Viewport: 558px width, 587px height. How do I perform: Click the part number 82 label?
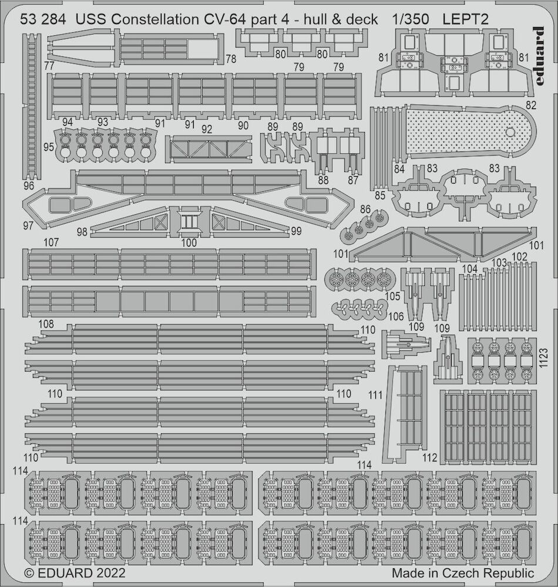pyautogui.click(x=530, y=105)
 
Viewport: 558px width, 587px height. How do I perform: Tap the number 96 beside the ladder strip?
pyautogui.click(x=28, y=185)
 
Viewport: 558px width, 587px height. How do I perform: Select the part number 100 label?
pyautogui.click(x=189, y=242)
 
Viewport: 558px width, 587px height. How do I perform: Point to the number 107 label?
pyautogui.click(x=51, y=242)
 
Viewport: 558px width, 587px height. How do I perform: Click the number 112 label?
pyautogui.click(x=429, y=457)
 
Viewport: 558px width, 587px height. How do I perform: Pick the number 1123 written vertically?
pyautogui.click(x=544, y=358)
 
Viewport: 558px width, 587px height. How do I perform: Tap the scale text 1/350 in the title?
pyautogui.click(x=411, y=19)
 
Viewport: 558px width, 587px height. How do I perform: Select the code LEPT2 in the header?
pyautogui.click(x=466, y=19)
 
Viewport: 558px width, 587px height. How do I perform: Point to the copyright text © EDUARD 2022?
pyautogui.click(x=75, y=573)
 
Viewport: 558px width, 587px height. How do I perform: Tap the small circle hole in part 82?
pyautogui.click(x=510, y=131)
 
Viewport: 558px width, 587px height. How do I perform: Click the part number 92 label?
pyautogui.click(x=206, y=129)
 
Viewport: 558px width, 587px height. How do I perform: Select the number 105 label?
pyautogui.click(x=392, y=296)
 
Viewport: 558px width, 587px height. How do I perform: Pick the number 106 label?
pyautogui.click(x=396, y=316)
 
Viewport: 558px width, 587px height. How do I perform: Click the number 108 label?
pyautogui.click(x=46, y=324)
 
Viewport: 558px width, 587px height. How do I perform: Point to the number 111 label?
pyautogui.click(x=375, y=395)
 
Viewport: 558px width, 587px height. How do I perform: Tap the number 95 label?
pyautogui.click(x=48, y=147)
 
